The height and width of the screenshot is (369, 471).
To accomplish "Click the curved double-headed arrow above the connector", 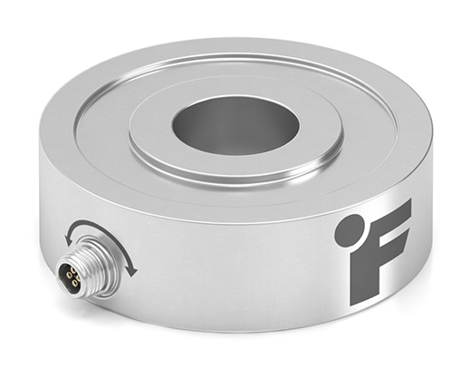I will (x=100, y=238).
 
